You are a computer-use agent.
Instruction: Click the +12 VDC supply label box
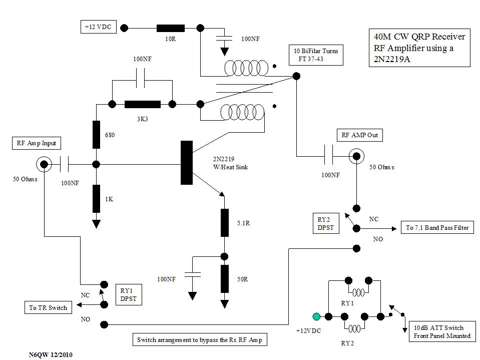pyautogui.click(x=98, y=28)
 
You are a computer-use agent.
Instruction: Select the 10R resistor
pyautogui.click(x=171, y=28)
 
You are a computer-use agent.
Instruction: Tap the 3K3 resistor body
pyautogui.click(x=142, y=104)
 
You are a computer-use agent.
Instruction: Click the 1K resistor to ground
pyautogui.click(x=96, y=198)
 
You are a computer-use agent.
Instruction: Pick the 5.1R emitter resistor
pyautogui.click(x=225, y=222)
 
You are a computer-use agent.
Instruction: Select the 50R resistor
pyautogui.click(x=225, y=278)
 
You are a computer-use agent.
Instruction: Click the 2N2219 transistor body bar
pyautogui.click(x=187, y=163)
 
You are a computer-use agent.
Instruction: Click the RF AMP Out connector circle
pyautogui.click(x=356, y=156)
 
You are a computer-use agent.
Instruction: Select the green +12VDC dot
pyautogui.click(x=316, y=316)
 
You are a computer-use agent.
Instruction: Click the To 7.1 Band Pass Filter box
pyautogui.click(x=437, y=228)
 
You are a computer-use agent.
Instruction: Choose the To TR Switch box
pyautogui.click(x=48, y=307)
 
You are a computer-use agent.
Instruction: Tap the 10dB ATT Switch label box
pyautogui.click(x=442, y=332)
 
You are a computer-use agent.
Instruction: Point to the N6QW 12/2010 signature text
pyautogui.click(x=51, y=354)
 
